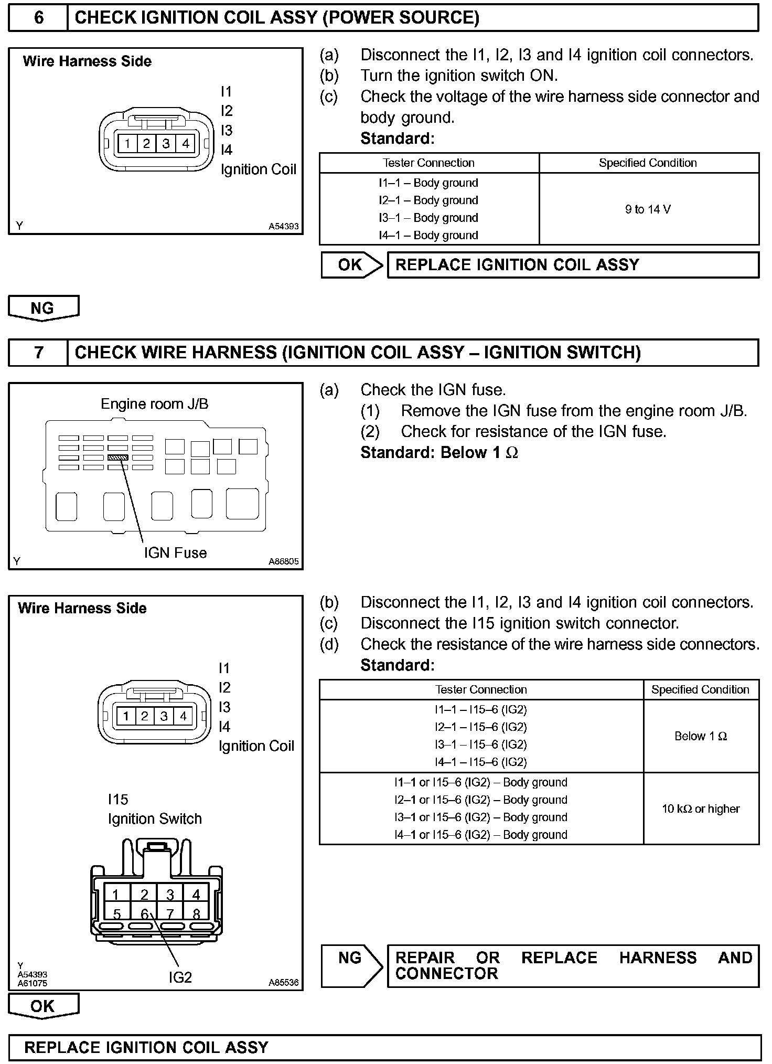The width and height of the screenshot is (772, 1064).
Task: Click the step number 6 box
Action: (38, 18)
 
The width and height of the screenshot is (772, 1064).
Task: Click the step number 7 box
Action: (38, 352)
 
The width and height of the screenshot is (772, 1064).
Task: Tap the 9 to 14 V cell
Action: (648, 209)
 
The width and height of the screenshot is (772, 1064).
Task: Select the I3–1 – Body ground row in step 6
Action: (428, 218)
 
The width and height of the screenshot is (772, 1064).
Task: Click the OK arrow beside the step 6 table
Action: (351, 265)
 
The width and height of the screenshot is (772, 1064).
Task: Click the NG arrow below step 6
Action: (43, 308)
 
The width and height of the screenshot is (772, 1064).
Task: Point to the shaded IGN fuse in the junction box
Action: (117, 457)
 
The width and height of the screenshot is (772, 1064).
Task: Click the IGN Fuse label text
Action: (175, 552)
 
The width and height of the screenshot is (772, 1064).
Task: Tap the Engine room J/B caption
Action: (154, 403)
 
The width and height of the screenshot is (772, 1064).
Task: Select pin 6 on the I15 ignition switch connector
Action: (144, 913)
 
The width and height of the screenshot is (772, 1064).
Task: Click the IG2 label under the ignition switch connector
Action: (180, 977)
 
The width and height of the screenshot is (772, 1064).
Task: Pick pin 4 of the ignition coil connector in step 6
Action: (185, 143)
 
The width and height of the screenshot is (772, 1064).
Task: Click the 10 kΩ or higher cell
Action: (700, 808)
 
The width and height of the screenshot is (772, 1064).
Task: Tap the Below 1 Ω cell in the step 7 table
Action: (700, 736)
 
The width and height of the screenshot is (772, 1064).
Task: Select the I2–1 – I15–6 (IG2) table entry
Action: (480, 727)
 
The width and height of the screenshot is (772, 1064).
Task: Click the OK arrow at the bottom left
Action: (43, 1006)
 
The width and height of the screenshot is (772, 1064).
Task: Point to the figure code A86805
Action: (283, 561)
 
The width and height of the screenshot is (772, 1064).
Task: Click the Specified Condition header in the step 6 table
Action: (648, 163)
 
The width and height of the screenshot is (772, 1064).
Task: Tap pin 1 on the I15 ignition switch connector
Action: (115, 895)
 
